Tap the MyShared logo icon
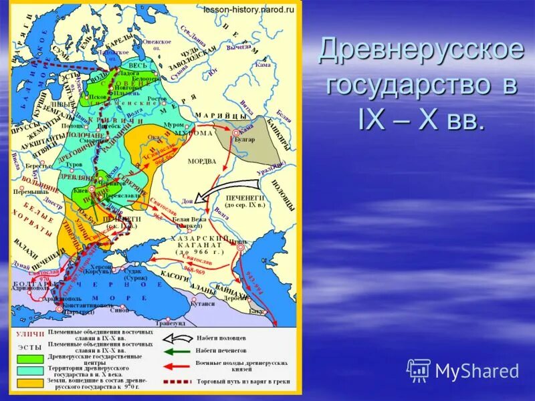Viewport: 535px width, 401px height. [419, 370]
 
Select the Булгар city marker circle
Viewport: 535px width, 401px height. [235, 134]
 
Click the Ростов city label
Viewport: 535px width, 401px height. [158, 98]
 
